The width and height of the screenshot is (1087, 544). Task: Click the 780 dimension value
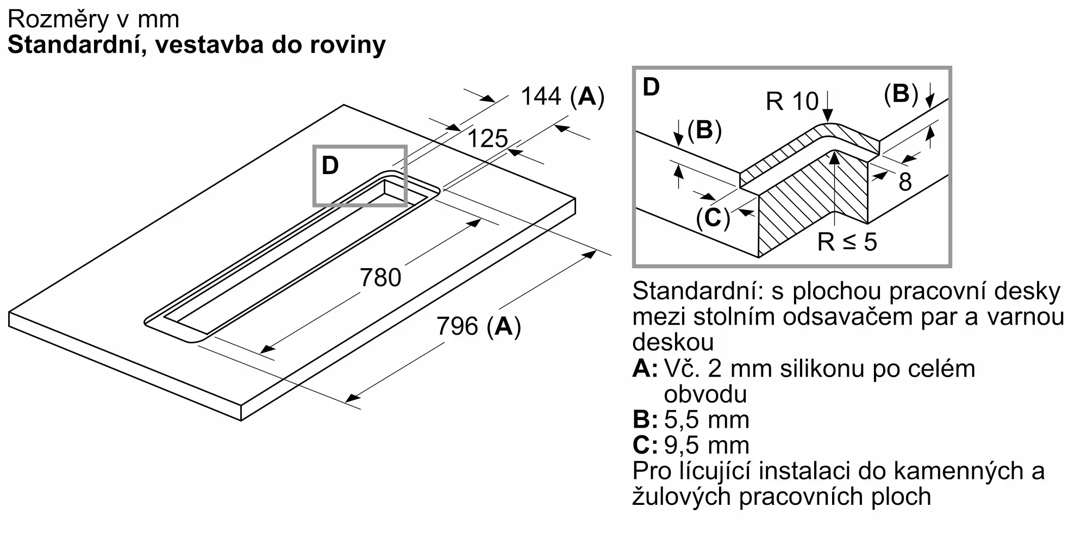pos(380,277)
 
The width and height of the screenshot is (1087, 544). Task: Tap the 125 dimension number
pos(488,139)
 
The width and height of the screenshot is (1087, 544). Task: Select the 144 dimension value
pos(541,96)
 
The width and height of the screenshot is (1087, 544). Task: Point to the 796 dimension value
pos(457,326)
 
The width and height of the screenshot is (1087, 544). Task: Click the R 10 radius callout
pos(792,101)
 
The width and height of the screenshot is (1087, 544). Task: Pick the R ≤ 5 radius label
pos(847,242)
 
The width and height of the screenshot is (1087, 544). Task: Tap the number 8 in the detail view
pos(905,182)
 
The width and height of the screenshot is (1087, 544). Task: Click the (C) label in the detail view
pos(713,218)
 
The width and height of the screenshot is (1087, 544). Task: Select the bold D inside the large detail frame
pos(651,87)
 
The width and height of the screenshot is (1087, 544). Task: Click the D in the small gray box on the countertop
pos(330,165)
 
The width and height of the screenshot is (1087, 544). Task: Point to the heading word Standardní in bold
pos(76,45)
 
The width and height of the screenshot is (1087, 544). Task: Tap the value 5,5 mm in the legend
pos(707,419)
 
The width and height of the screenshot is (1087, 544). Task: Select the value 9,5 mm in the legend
pos(707,445)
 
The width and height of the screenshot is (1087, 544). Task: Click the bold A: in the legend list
pos(645,369)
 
